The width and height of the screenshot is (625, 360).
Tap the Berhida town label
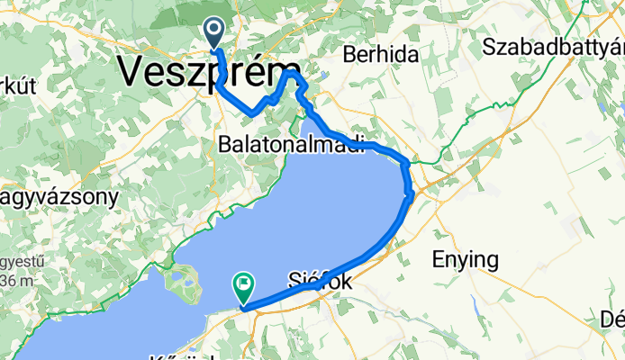pos(381,55)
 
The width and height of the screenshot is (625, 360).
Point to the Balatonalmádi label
pos(290,144)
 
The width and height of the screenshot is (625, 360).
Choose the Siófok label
pos(319,281)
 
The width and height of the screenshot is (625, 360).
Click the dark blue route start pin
pos(214,33)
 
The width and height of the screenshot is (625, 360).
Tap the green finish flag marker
pos(243,287)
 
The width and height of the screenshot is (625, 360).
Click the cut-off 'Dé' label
pos(611,319)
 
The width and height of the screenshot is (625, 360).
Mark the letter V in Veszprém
pos(133,71)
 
